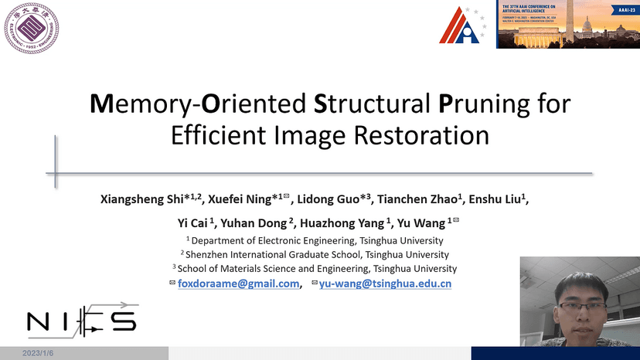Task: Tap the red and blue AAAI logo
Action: pyautogui.click(x=464, y=26)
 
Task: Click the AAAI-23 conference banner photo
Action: pyautogui.click(x=567, y=24)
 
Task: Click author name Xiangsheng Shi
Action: pyautogui.click(x=146, y=199)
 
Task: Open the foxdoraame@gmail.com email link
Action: pyautogui.click(x=239, y=284)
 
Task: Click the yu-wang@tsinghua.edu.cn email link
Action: pyautogui.click(x=386, y=284)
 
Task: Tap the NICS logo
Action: pyautogui.click(x=81, y=319)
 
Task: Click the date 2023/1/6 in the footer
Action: pyautogui.click(x=38, y=353)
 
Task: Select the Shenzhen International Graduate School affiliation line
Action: pyautogui.click(x=318, y=254)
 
